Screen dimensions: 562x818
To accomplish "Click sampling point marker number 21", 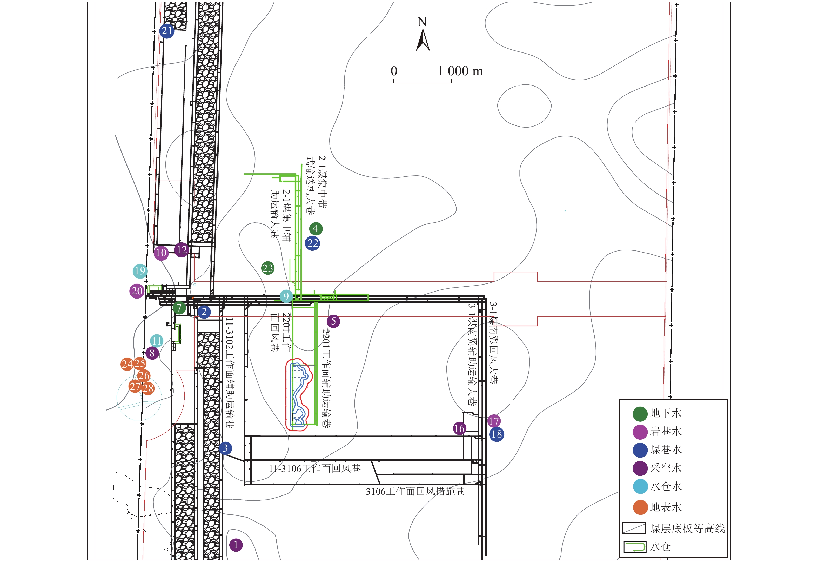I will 167,31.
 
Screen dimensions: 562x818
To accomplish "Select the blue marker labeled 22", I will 313,243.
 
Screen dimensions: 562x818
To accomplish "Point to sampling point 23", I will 268,268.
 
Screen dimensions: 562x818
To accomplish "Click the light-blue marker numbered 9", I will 286,296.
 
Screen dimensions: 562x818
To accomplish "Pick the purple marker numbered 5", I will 333,321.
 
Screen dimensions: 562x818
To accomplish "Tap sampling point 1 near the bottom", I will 236,545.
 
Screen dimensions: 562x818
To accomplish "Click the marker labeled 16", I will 459,428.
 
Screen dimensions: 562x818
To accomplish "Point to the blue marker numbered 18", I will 497,434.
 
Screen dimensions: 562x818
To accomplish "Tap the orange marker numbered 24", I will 127,364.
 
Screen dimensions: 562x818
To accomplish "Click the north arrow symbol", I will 423,40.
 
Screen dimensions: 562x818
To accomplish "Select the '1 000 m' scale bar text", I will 460,71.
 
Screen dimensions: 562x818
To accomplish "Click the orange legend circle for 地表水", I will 640,507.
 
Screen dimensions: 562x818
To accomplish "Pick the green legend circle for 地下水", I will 640,414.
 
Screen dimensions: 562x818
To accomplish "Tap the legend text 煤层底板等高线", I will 687,528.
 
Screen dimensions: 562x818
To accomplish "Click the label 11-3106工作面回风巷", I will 315,469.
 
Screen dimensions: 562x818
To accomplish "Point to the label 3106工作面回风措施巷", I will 415,491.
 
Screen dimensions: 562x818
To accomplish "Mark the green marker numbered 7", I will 179,308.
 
